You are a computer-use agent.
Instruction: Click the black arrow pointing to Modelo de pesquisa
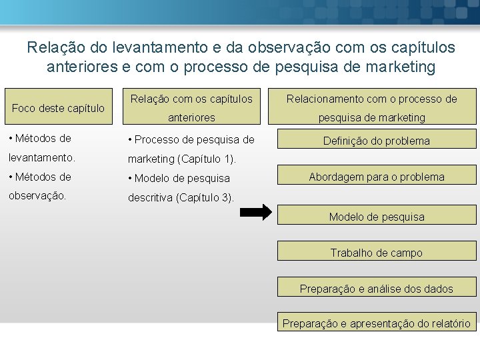256,213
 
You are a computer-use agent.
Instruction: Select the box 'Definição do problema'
376,141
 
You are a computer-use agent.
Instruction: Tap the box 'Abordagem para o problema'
376,177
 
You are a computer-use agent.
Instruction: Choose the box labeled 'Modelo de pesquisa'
376,217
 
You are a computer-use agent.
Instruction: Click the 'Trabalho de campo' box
376,253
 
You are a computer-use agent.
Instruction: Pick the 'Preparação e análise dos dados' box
376,289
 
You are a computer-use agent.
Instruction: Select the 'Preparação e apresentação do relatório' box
376,323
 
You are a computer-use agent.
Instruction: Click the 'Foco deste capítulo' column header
59,107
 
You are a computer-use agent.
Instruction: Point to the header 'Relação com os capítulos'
191,99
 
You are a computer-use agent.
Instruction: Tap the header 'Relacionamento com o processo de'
371,99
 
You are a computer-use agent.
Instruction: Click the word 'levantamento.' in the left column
41,159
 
